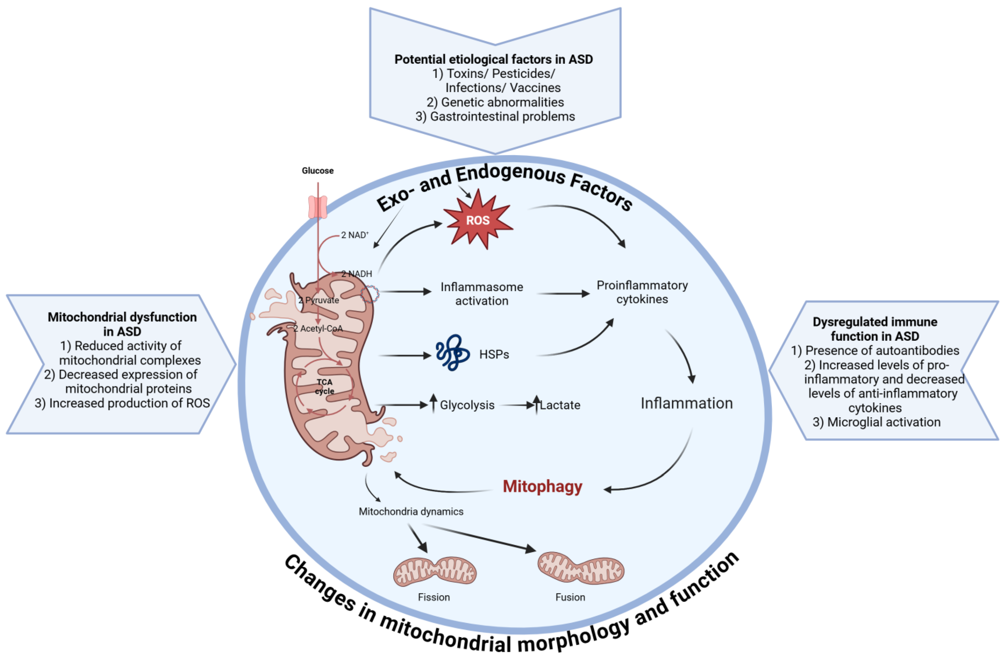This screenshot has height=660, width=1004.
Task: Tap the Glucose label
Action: [x=318, y=171]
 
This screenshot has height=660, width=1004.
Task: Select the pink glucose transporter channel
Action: [x=318, y=207]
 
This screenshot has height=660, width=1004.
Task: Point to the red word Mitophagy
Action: [x=542, y=486]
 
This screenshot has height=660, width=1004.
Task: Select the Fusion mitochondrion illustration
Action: [x=580, y=568]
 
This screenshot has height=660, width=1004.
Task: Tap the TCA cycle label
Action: [x=324, y=386]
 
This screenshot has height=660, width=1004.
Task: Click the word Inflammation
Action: [x=686, y=403]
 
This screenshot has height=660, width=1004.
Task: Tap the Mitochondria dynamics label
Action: [x=411, y=511]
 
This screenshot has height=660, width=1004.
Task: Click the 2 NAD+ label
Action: [x=355, y=235]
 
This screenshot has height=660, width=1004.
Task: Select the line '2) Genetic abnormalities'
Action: [x=495, y=102]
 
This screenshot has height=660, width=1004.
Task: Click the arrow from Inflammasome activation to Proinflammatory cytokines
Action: [x=563, y=294]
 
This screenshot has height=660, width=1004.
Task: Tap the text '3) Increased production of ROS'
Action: [x=122, y=403]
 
